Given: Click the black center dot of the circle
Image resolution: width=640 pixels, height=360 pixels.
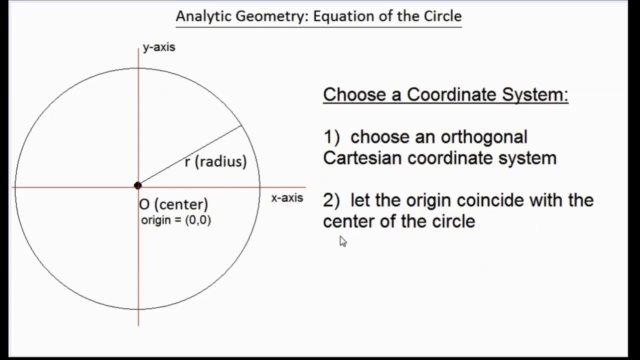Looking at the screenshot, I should click(x=138, y=186).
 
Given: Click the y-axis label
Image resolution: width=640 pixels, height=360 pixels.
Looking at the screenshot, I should click(x=158, y=47).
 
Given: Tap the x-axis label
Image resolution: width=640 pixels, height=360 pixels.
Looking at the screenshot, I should click(x=287, y=198).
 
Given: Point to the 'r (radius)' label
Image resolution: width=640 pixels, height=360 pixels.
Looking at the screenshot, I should click(x=215, y=161).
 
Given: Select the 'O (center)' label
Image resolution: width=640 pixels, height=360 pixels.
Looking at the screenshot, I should click(x=173, y=204).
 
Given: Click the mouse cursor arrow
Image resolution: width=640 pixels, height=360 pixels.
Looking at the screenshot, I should click(x=342, y=241).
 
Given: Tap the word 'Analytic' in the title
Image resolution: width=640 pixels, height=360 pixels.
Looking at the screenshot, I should click(x=203, y=16).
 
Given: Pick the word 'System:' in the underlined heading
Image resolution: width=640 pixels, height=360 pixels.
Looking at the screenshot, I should click(x=535, y=94).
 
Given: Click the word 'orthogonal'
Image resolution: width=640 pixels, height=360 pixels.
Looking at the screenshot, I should click(x=484, y=137).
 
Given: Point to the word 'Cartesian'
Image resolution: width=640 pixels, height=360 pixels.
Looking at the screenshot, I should click(x=362, y=158).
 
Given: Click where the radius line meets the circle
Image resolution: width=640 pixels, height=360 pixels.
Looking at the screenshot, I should click(x=242, y=125).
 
